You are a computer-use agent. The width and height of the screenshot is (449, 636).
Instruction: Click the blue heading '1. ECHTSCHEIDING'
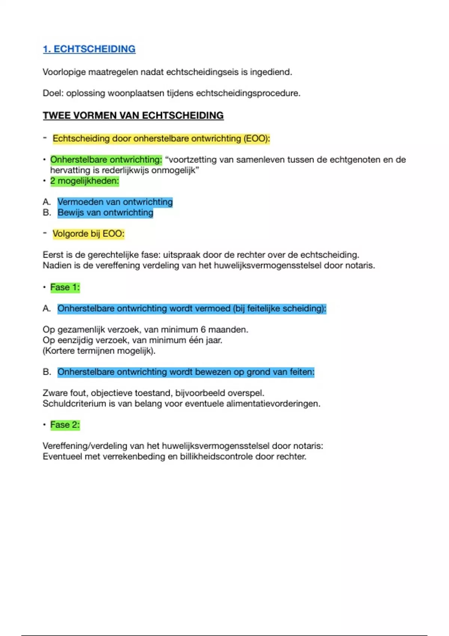[x=89, y=49]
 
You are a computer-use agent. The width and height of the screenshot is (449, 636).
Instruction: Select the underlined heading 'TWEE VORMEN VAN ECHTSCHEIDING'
[x=133, y=115]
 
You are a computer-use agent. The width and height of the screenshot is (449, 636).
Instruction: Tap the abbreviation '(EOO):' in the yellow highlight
[x=257, y=138]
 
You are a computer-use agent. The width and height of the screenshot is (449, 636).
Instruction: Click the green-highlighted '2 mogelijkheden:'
[x=85, y=181]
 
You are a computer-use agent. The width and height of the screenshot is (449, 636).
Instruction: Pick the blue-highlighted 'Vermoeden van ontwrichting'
[x=115, y=202]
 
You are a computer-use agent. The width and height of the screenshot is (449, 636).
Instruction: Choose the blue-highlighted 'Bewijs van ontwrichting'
[x=105, y=212]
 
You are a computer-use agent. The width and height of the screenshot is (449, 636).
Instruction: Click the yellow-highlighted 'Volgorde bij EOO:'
[x=88, y=234]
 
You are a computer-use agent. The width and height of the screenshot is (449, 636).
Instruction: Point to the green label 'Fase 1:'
[x=65, y=287]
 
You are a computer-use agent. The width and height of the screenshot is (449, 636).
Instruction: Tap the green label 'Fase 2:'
[x=65, y=425]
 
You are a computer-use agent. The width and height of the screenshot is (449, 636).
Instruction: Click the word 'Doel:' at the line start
[x=53, y=93]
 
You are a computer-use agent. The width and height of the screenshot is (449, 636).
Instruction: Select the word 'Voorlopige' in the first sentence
[x=64, y=72]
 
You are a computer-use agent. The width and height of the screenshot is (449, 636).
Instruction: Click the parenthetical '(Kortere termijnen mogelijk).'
[x=99, y=351]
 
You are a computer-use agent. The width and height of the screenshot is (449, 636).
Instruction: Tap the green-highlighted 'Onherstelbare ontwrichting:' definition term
[x=106, y=160]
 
